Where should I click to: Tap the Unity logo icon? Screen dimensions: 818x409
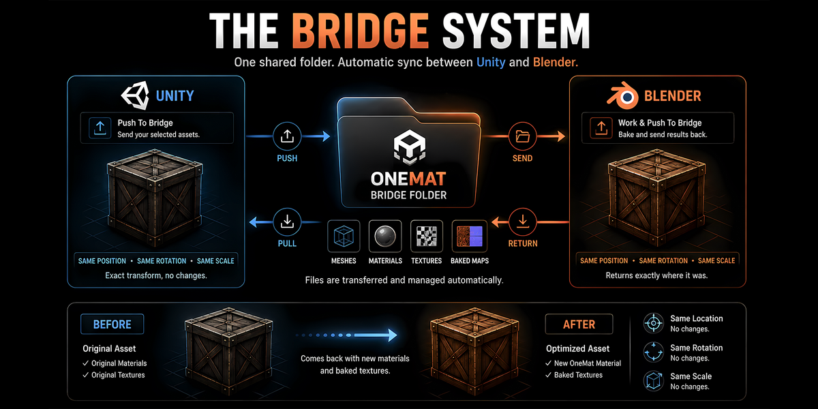point(135,95)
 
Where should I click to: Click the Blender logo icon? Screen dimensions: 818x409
point(622,95)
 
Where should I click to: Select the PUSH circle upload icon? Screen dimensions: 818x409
point(287,136)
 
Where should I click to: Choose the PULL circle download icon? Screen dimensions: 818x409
point(287,222)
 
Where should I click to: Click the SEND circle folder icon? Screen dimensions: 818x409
point(523,136)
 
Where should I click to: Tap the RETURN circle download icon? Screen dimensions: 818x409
point(523,222)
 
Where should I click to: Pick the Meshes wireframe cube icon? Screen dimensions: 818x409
point(344,237)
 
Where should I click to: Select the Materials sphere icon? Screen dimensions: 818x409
point(385,237)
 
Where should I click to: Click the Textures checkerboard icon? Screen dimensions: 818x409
point(427,237)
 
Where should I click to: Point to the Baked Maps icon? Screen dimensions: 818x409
point(470,237)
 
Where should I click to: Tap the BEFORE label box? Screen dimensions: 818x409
point(112,324)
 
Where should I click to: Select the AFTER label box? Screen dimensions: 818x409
point(579,324)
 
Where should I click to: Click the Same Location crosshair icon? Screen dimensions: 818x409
point(653,323)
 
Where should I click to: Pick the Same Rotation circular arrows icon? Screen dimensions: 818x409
point(653,352)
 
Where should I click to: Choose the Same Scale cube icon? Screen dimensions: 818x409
point(653,381)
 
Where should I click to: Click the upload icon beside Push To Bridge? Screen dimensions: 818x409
point(100,128)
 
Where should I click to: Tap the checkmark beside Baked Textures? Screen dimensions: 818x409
point(548,375)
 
